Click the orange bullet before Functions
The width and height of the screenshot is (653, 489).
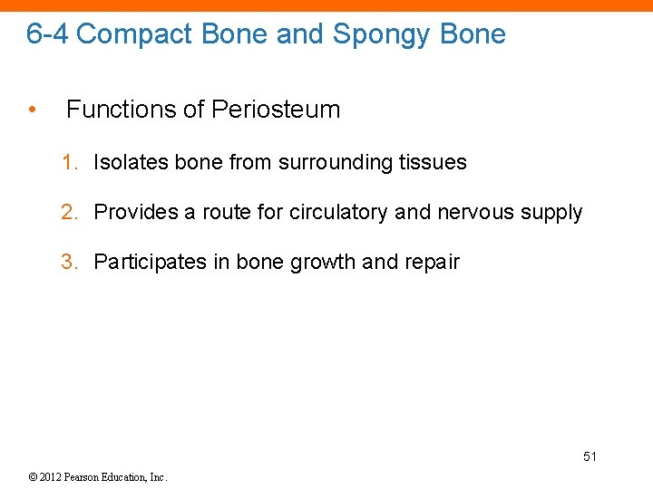[33, 110]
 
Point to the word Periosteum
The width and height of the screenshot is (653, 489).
[276, 110]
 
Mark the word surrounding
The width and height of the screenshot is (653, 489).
[336, 164]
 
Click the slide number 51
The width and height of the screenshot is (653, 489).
[590, 456]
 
